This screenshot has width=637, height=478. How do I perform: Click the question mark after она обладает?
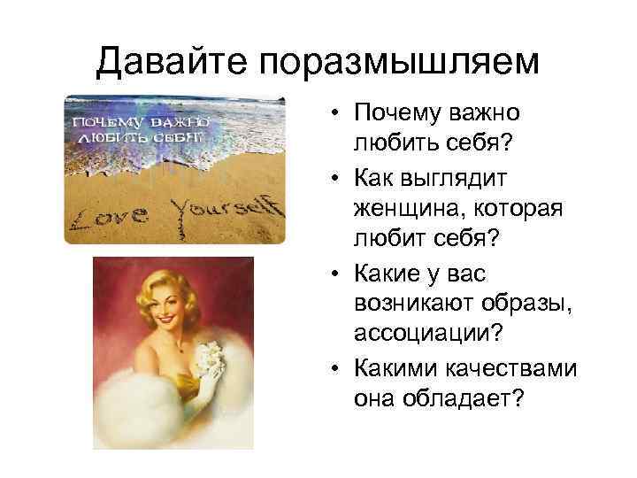518,399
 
